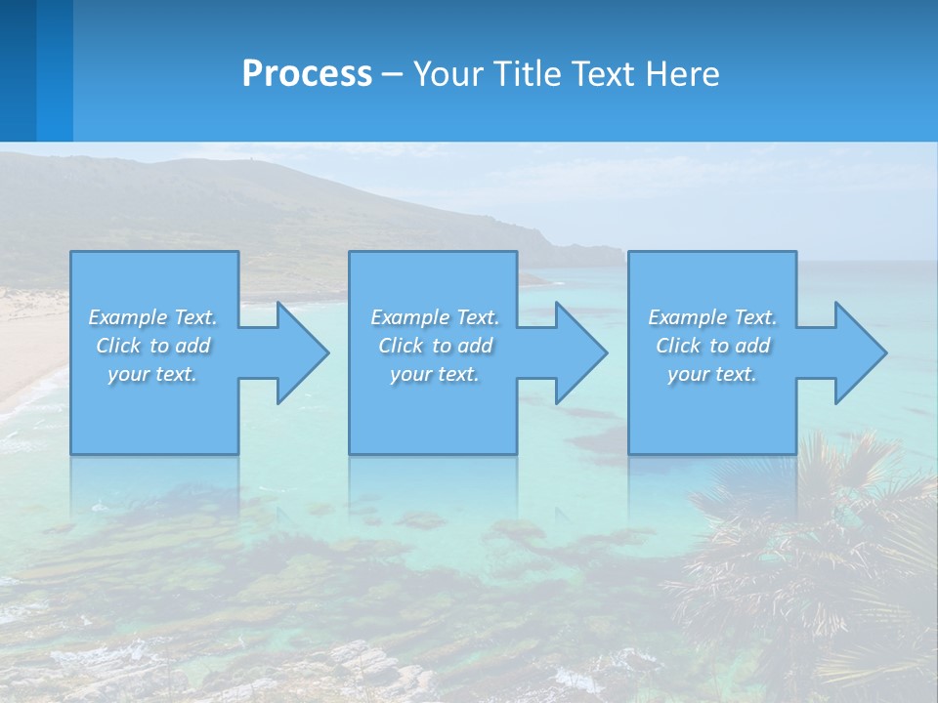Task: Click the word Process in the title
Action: pos(307,74)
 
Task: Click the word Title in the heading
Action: pos(528,74)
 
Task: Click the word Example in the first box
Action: pos(128,317)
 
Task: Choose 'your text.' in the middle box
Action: pos(434,374)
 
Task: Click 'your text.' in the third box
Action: pos(711,374)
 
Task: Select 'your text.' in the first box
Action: pos(151,374)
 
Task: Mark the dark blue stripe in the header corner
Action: pos(18,70)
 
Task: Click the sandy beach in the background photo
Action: pos(29,342)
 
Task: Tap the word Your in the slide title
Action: pos(445,74)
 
